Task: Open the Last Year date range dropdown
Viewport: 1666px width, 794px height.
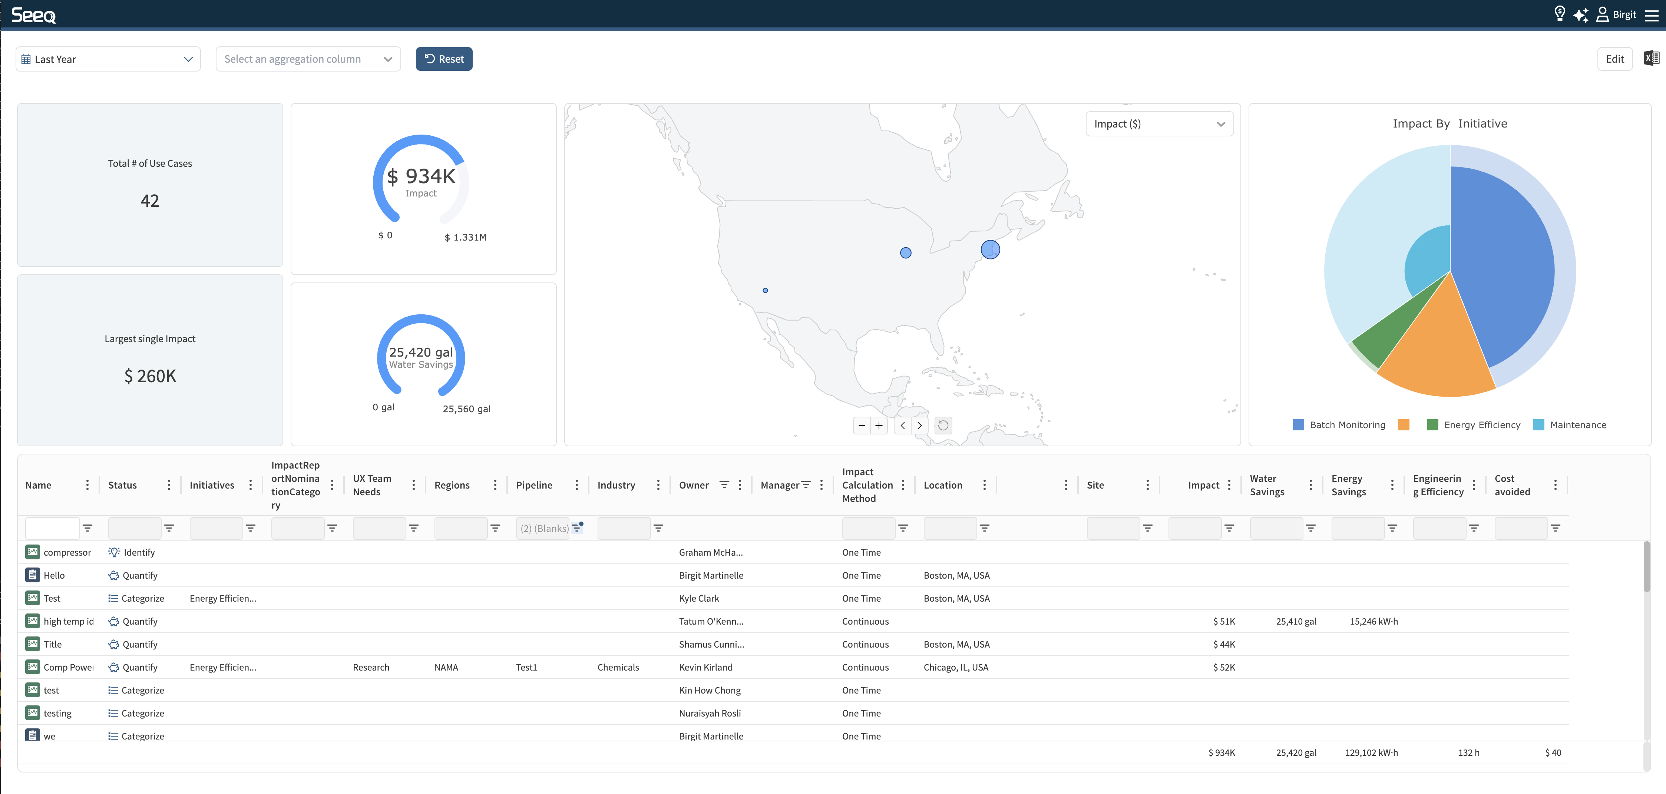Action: [108, 59]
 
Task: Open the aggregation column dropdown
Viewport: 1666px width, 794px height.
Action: [308, 59]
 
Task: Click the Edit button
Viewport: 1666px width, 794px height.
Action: [1614, 59]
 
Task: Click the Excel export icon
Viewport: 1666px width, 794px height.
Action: [1651, 58]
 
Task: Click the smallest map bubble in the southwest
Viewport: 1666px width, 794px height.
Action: [765, 290]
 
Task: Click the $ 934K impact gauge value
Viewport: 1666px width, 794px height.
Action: [421, 176]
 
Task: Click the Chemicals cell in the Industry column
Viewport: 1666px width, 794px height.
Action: [618, 667]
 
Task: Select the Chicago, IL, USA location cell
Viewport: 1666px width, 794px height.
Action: [955, 667]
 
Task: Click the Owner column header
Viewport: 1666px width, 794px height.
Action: [693, 485]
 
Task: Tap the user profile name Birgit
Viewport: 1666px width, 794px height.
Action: [1624, 14]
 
